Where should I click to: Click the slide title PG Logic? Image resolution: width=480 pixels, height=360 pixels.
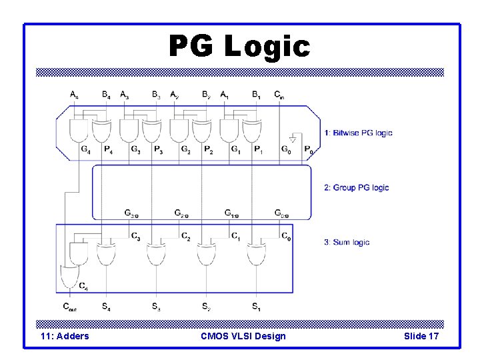coord(239,47)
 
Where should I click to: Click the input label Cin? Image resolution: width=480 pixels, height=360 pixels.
coord(279,95)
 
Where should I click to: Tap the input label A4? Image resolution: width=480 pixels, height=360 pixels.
coord(74,95)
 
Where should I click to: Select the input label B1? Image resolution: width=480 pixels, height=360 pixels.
coord(257,95)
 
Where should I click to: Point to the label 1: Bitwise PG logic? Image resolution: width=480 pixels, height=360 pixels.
coord(358,133)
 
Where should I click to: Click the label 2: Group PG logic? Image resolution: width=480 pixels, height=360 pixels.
coord(356,187)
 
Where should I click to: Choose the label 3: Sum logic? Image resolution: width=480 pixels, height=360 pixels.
coord(347,242)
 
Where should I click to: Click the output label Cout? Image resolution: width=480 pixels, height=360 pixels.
coord(70,307)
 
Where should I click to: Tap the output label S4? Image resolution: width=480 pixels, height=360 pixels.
coord(106,307)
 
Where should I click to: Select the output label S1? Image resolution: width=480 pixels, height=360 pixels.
coord(256,307)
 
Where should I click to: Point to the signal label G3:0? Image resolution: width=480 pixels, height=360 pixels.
coord(131,213)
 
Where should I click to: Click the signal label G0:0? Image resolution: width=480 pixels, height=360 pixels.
coord(282,213)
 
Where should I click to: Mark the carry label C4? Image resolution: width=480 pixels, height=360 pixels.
coord(83,287)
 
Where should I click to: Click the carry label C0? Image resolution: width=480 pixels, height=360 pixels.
coord(285,236)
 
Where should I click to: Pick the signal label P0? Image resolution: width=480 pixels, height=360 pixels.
coord(309,149)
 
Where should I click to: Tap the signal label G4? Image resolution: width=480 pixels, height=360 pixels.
coord(85,149)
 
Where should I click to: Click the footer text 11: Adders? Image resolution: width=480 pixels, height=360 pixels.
coord(65,336)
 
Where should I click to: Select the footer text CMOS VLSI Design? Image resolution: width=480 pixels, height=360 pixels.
coord(243,336)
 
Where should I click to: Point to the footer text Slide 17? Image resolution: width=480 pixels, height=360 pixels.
coord(421,336)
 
